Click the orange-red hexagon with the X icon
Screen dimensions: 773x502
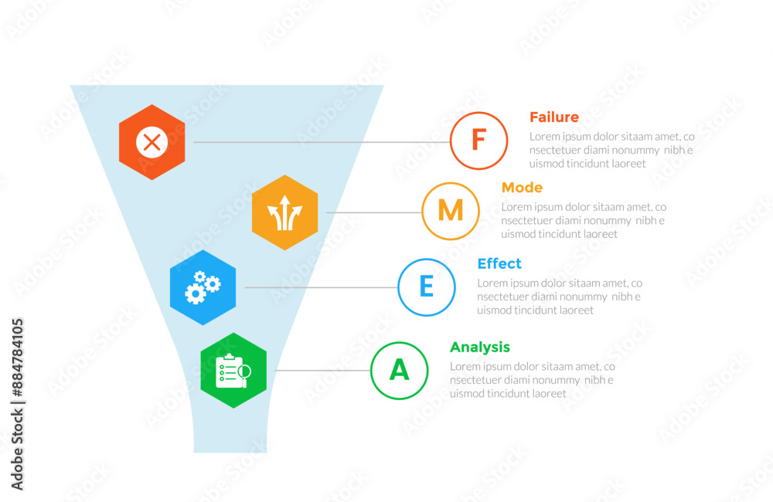[x=152, y=142]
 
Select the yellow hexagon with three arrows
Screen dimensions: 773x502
[x=284, y=212]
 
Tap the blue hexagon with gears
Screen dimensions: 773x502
[x=203, y=287]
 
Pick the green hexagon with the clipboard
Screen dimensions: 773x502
[x=233, y=371]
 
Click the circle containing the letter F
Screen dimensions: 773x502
[x=478, y=141]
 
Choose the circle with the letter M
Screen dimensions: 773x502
[x=451, y=211]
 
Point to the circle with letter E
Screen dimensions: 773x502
[x=427, y=287]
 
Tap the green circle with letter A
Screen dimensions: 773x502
[x=399, y=371]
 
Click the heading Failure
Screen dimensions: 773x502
[x=554, y=117]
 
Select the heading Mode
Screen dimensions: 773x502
[x=522, y=188]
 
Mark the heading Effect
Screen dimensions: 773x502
[x=499, y=263]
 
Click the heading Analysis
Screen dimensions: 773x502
[x=480, y=348]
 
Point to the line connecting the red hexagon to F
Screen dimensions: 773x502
[x=321, y=142]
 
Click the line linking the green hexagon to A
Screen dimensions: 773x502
[x=322, y=371]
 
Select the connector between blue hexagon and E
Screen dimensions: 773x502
[x=320, y=287]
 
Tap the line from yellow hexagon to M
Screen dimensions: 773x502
[x=373, y=212]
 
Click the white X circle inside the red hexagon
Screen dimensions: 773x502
[x=152, y=142]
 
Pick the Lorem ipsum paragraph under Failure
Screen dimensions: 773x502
[x=611, y=150]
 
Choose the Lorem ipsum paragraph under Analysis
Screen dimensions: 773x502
[x=532, y=380]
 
